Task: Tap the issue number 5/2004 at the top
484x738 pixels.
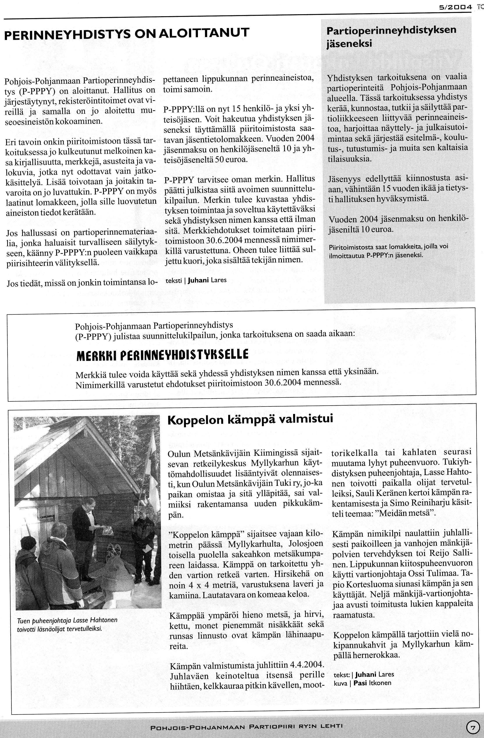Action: pos(455,7)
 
